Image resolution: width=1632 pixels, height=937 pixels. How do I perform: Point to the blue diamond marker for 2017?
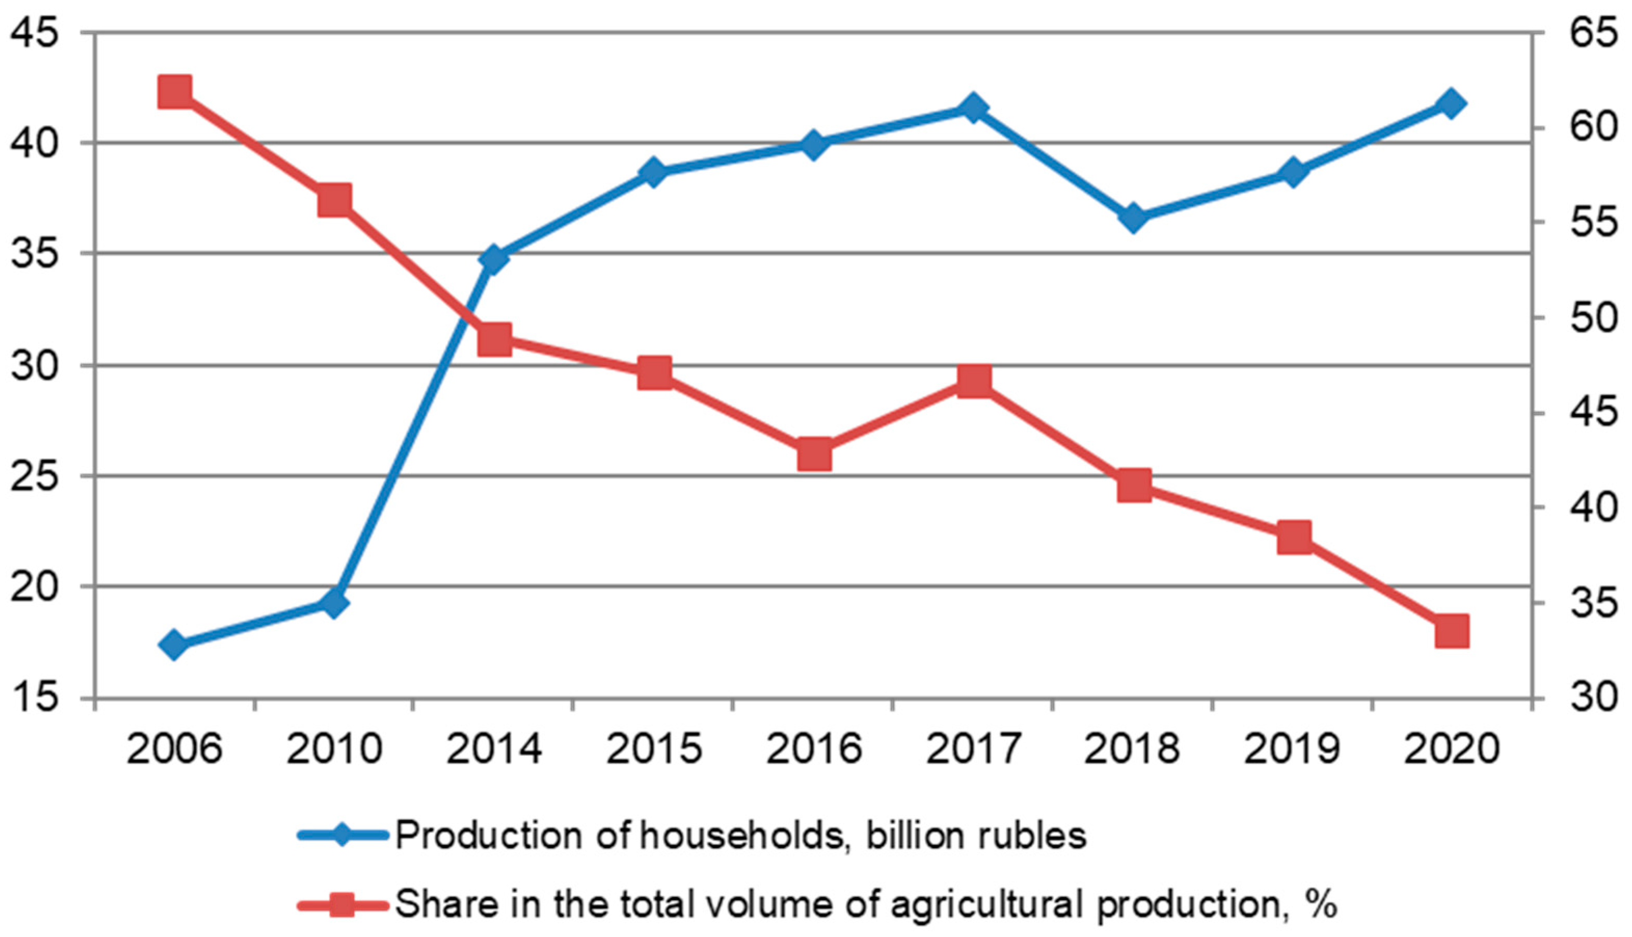[x=974, y=107]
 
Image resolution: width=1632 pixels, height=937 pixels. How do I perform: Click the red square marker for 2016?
[x=814, y=455]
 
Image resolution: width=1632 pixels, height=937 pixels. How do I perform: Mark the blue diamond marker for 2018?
[x=1134, y=218]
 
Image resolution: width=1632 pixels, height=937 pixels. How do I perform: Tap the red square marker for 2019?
[x=1293, y=537]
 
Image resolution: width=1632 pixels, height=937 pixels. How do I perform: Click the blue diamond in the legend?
[x=343, y=836]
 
